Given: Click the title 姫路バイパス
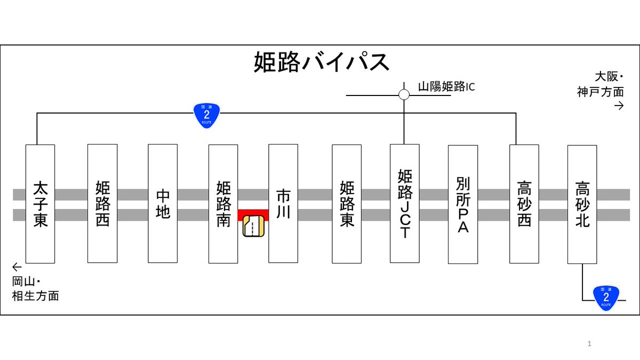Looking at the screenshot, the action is tap(322, 62).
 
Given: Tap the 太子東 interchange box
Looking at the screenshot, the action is tap(41, 204).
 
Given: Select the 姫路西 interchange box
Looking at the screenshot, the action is tap(102, 203).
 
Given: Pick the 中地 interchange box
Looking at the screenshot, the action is tap(163, 203).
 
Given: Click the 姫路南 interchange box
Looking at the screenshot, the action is tap(223, 204).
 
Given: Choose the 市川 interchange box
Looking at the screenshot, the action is tap(283, 203).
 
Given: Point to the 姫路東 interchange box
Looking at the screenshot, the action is tap(347, 204).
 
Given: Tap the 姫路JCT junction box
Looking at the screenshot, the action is tap(405, 203).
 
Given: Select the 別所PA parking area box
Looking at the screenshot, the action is tap(463, 204).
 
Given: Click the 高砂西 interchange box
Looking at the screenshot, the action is tap(524, 204).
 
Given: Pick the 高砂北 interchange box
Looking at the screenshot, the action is tap(582, 204).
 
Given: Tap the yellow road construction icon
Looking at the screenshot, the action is tap(253, 226).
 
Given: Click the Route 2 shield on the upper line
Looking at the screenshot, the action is tap(206, 115).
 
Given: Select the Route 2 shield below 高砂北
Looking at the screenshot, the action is tap(606, 298).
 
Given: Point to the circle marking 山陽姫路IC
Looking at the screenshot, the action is tap(404, 94).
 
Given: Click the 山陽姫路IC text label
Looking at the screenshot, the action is tap(446, 87).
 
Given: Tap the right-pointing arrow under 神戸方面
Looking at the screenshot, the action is tap(619, 106).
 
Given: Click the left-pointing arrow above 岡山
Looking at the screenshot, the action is tap(17, 267).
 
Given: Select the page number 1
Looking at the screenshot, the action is tap(589, 343).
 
